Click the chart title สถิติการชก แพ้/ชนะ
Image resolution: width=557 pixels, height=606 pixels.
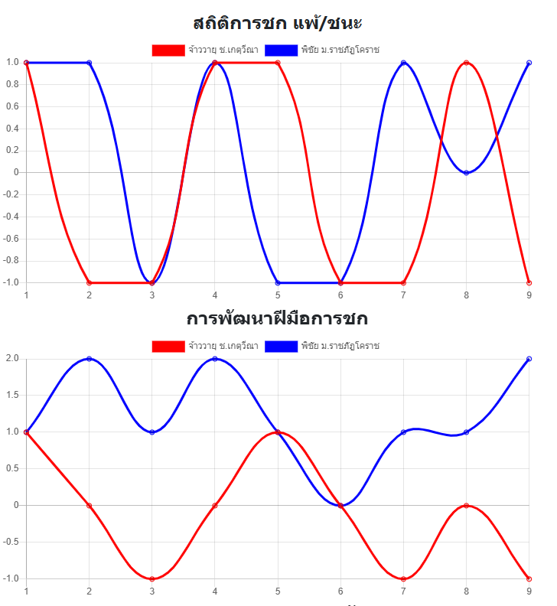[x=278, y=23]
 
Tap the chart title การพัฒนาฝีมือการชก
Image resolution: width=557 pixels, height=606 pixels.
[x=278, y=318]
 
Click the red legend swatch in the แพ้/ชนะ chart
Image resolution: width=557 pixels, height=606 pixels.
[x=168, y=50]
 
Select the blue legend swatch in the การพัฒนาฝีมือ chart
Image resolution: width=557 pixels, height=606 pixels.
[x=281, y=346]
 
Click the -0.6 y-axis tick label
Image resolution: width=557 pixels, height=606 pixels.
[x=12, y=239]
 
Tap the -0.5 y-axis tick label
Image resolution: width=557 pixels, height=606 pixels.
[x=12, y=542]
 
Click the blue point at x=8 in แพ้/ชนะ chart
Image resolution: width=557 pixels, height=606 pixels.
[x=466, y=173]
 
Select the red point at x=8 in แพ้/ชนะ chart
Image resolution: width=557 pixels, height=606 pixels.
[x=466, y=63]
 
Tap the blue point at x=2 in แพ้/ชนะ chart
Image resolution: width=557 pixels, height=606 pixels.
[x=90, y=63]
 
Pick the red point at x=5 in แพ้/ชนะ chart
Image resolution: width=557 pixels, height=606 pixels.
[x=278, y=63]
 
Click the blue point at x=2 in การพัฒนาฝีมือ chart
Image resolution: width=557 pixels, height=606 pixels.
[x=90, y=359]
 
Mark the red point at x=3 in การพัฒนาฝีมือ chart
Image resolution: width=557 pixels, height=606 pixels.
[x=152, y=578]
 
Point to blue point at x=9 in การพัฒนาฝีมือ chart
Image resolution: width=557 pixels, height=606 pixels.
[x=529, y=359]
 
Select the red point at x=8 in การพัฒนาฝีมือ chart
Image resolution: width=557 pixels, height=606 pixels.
[x=466, y=506]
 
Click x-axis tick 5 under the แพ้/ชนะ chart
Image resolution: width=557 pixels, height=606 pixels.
[x=278, y=295]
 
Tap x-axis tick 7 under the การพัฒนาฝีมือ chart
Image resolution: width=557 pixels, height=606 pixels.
[x=403, y=591]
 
